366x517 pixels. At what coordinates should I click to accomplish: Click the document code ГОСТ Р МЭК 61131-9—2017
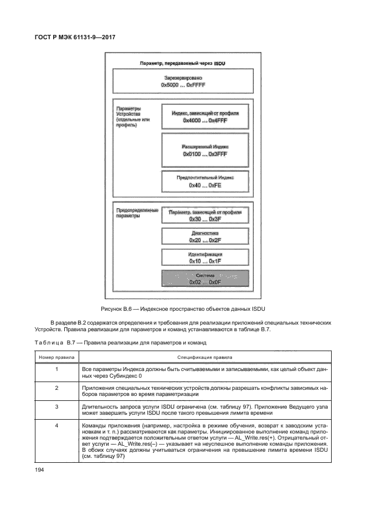[x=74, y=38]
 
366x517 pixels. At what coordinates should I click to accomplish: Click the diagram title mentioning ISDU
[x=183, y=64]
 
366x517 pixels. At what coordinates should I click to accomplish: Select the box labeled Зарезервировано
[x=182, y=82]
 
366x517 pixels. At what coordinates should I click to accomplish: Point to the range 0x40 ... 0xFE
[x=205, y=186]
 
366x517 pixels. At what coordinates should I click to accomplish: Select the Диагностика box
[x=205, y=236]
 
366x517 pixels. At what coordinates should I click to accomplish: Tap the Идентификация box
[x=205, y=257]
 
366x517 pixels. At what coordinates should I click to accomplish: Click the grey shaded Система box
[x=205, y=278]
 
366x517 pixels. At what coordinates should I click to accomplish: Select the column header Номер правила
[x=56, y=357]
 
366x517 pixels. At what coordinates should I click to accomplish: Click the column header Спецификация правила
[x=204, y=357]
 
